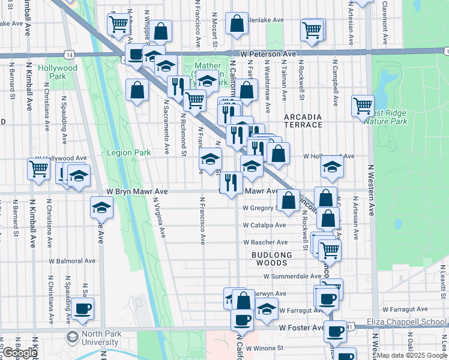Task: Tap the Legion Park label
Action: click(128, 152)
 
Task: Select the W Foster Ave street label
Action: click(301, 328)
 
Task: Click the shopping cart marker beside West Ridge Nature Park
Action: click(363, 106)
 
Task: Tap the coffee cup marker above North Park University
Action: click(83, 309)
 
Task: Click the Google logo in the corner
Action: click(20, 353)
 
